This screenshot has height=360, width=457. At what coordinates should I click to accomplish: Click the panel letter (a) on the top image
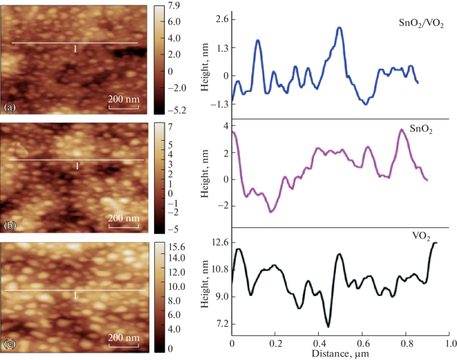10,107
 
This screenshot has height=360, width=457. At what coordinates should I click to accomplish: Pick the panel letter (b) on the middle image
10,226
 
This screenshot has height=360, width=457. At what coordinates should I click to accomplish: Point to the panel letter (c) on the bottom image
10,344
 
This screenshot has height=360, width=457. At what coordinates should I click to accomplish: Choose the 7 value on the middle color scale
170,126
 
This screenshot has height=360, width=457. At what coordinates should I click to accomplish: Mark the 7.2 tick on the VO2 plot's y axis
219,323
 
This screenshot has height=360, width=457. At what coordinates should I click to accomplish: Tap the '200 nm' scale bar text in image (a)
123,99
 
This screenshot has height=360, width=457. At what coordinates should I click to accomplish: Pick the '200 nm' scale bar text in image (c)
123,337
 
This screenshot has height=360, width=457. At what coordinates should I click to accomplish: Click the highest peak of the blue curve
340,28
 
